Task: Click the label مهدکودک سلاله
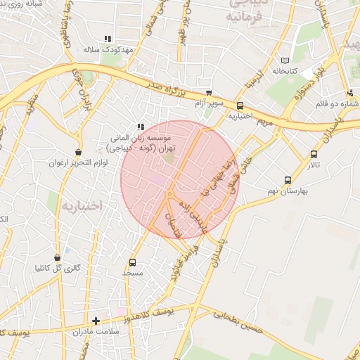pos(109,51)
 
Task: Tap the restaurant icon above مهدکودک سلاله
pos(108,39)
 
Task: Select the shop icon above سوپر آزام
pos(208,93)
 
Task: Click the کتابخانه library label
pos(286,71)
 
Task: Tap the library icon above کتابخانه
pos(285,60)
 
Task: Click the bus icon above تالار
pos(314,154)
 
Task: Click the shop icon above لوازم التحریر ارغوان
pos(78,153)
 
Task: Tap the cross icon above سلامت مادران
pos(96,321)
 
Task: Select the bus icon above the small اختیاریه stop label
pos(240,106)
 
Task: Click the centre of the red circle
pos(179,179)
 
